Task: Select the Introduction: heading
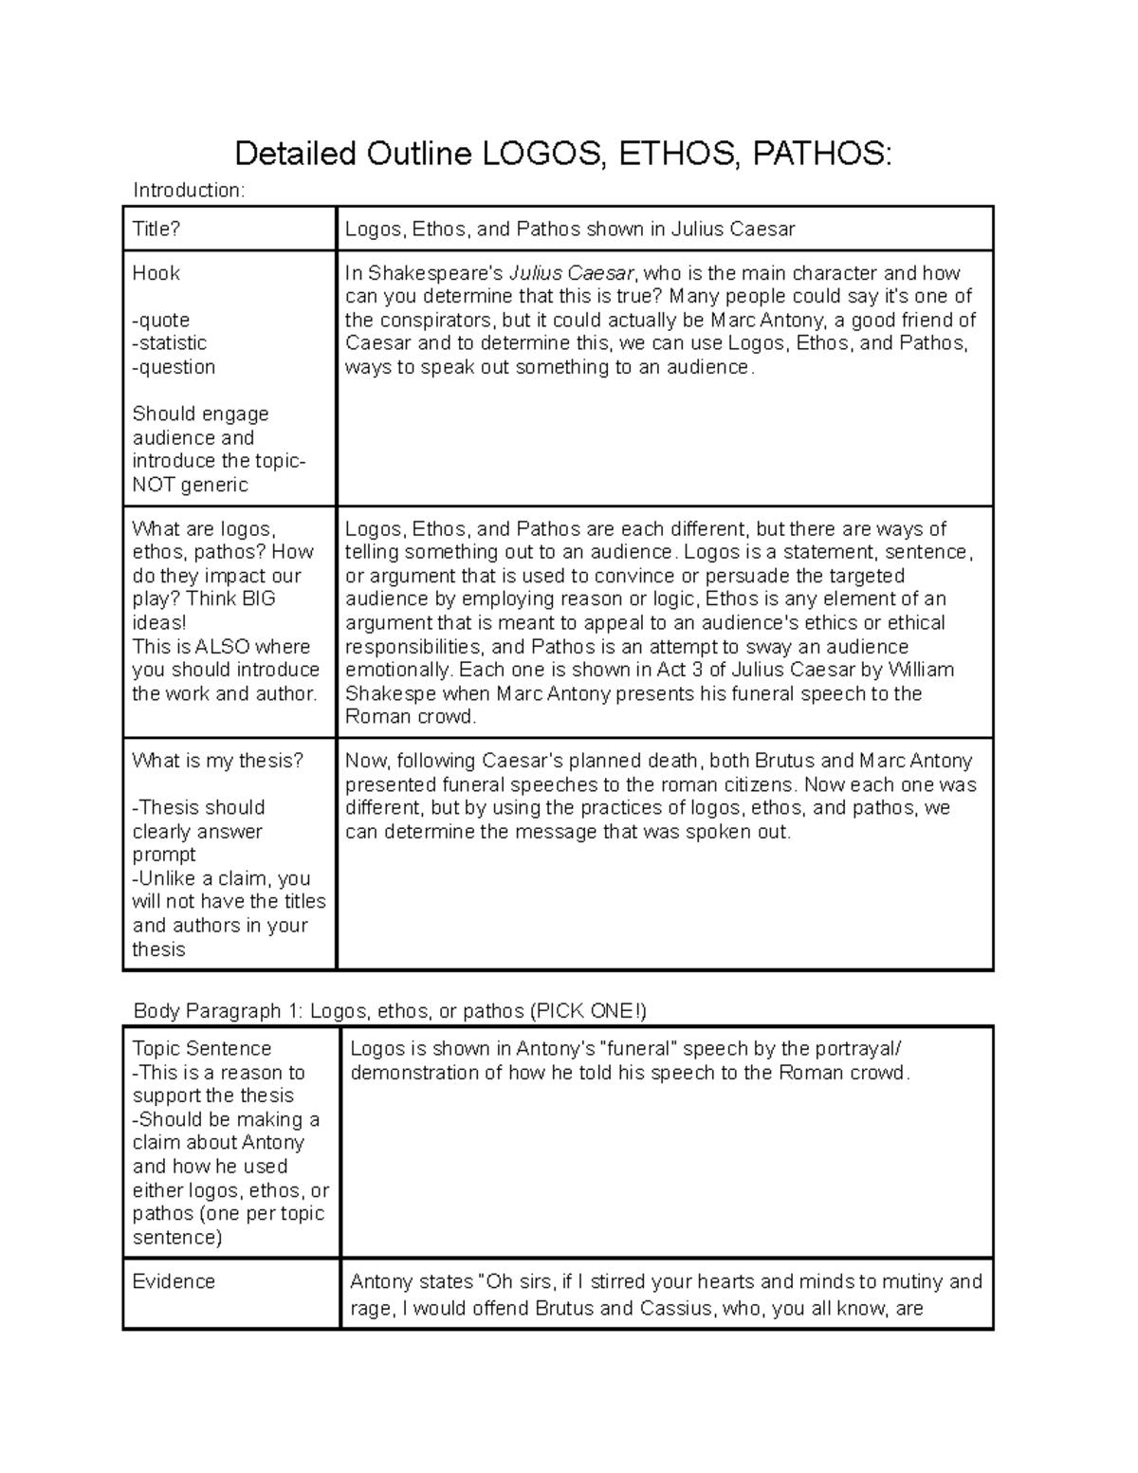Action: tap(189, 191)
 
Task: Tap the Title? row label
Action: tap(156, 229)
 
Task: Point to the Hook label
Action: tap(156, 273)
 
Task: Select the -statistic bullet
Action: tap(169, 343)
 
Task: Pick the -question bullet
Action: tap(174, 367)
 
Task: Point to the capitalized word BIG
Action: tap(258, 599)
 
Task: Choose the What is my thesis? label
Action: tap(217, 761)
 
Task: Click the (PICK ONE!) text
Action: tap(588, 1011)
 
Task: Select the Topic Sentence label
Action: tap(201, 1048)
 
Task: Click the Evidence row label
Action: tap(174, 1281)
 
